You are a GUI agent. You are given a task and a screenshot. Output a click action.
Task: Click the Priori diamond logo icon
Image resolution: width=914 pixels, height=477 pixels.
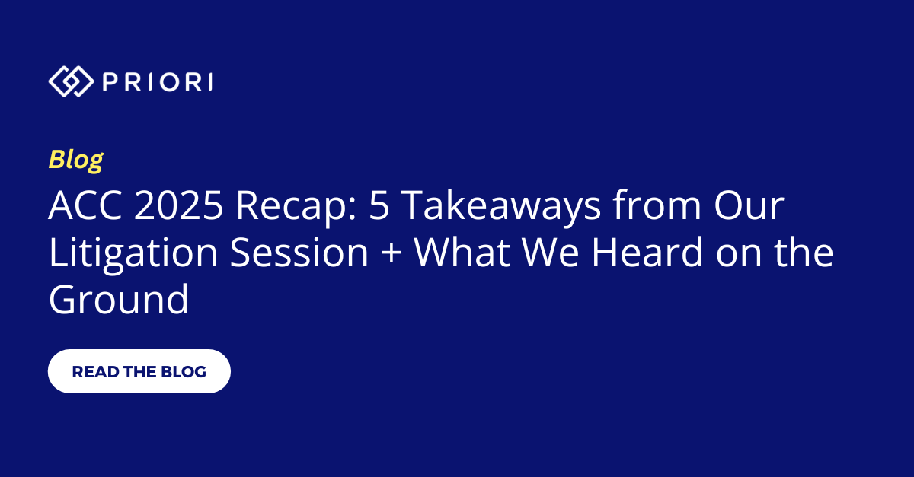(x=71, y=81)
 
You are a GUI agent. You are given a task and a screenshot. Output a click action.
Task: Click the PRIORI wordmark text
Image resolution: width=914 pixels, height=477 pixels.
(x=158, y=82)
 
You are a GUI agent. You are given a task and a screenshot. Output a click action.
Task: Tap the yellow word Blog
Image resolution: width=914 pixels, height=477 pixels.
(x=76, y=160)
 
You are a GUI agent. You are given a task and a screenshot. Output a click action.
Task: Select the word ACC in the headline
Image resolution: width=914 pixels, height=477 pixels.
(x=85, y=205)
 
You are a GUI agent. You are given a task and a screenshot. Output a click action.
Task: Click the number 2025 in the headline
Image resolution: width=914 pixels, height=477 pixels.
(x=179, y=205)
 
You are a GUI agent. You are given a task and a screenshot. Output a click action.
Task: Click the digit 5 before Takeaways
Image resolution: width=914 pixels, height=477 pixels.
(x=379, y=205)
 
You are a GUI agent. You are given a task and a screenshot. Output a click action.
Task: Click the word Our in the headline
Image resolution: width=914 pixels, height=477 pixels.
(x=749, y=205)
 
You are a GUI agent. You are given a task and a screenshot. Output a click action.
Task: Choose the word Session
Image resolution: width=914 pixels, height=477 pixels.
(x=300, y=252)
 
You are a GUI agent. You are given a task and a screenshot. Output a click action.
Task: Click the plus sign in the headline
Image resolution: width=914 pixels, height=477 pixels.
(x=391, y=253)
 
